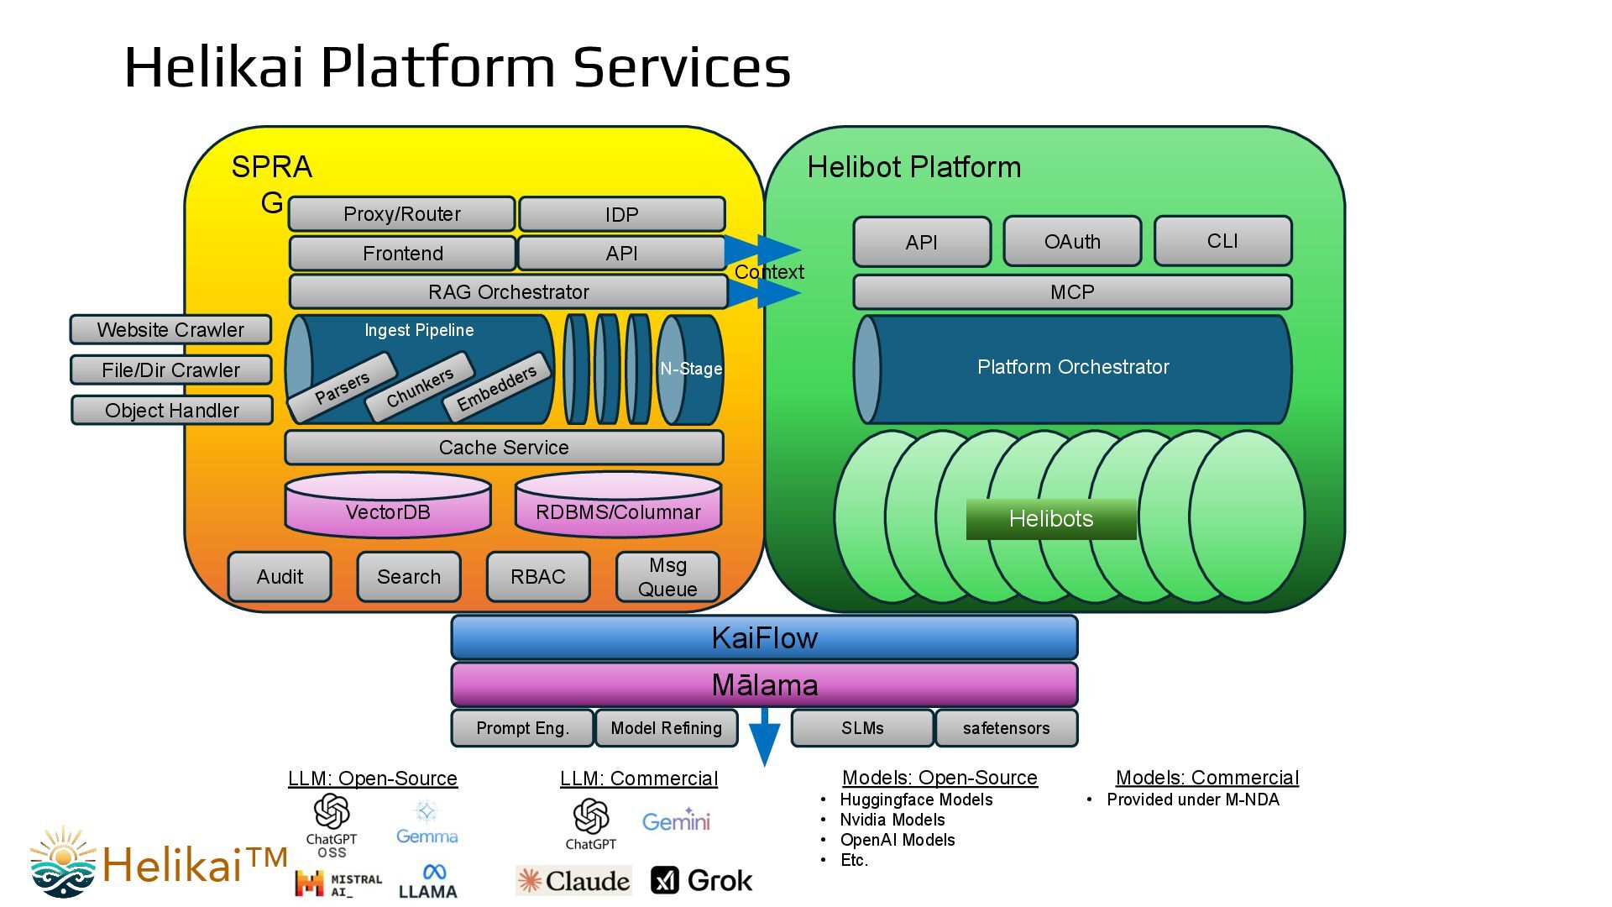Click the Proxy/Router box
[x=401, y=214]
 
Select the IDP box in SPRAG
[x=621, y=214]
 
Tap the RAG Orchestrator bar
[x=508, y=292]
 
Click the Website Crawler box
[x=170, y=330]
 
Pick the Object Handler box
[x=172, y=411]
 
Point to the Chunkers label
[x=420, y=387]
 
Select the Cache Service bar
[x=504, y=448]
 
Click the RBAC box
[x=538, y=577]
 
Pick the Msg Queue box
[x=667, y=577]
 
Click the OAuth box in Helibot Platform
[x=1072, y=242]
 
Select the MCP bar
[x=1072, y=292]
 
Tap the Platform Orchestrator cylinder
[x=1073, y=368]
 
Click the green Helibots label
[x=1051, y=519]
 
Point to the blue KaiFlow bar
[x=764, y=638]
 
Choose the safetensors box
[x=1006, y=728]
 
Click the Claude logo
[x=574, y=880]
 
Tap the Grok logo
[x=702, y=880]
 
